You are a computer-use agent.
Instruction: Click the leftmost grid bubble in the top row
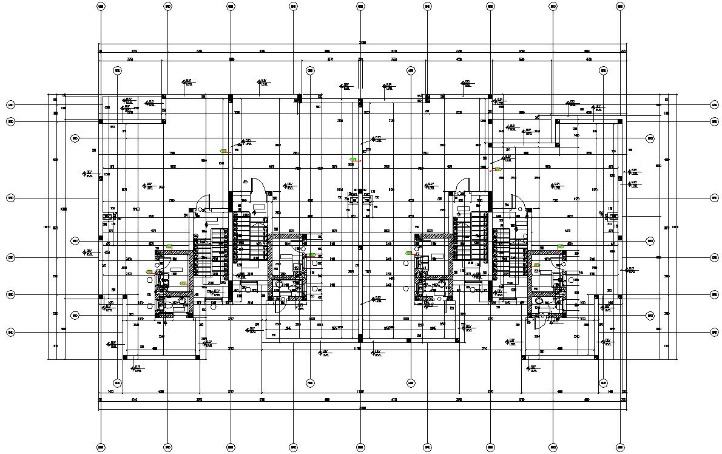(x=100, y=7)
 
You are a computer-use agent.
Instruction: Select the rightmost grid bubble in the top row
(x=620, y=7)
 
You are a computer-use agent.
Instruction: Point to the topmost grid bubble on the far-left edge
(x=10, y=105)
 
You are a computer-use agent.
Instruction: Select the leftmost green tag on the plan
(x=149, y=272)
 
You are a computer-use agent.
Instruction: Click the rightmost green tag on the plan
(x=561, y=246)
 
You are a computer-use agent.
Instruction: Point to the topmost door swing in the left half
(x=258, y=183)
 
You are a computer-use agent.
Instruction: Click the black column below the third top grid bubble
(x=231, y=98)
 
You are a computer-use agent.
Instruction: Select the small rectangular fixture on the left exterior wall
(x=107, y=215)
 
